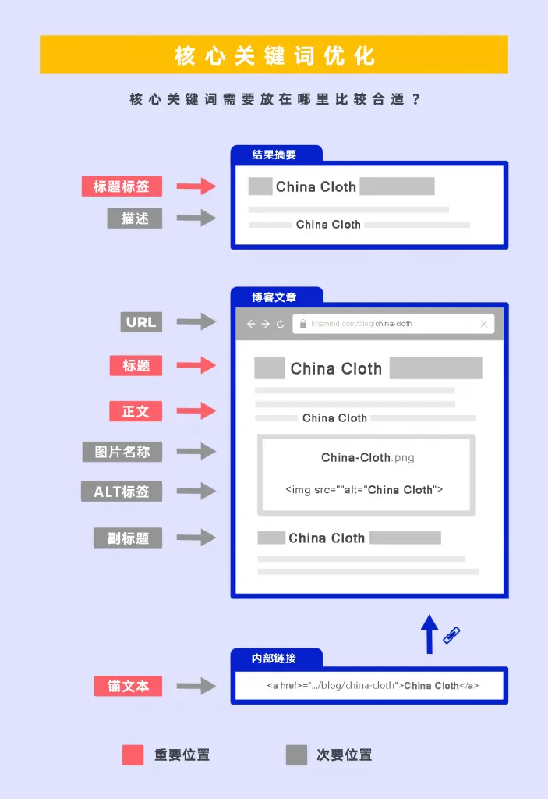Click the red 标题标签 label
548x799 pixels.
122,186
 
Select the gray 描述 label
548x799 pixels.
135,218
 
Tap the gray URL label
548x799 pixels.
141,321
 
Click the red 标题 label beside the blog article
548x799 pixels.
136,365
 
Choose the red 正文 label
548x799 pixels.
136,411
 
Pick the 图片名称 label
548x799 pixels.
122,452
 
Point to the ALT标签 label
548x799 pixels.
122,492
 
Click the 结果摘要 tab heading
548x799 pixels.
274,154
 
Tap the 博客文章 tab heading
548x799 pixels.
274,297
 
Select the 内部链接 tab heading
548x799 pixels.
274,659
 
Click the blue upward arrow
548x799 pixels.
429,633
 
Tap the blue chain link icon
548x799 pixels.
452,635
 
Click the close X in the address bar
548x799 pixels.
483,324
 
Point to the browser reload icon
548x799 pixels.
281,324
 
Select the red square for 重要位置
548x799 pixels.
133,755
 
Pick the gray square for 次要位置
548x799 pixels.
296,755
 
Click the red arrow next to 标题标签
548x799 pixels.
196,186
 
